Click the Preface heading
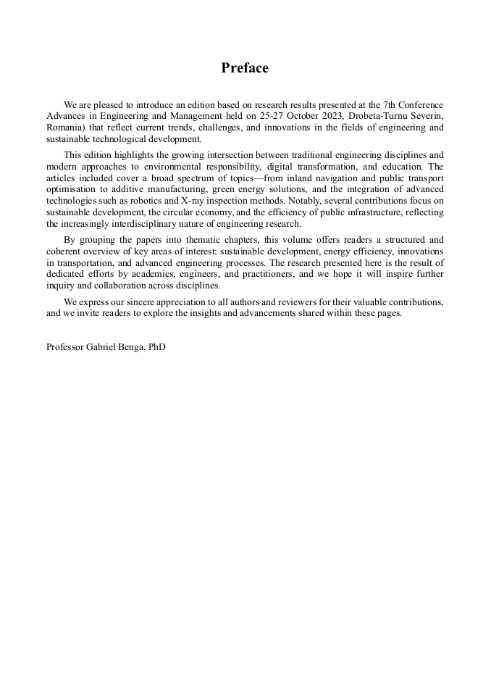[x=245, y=68]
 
